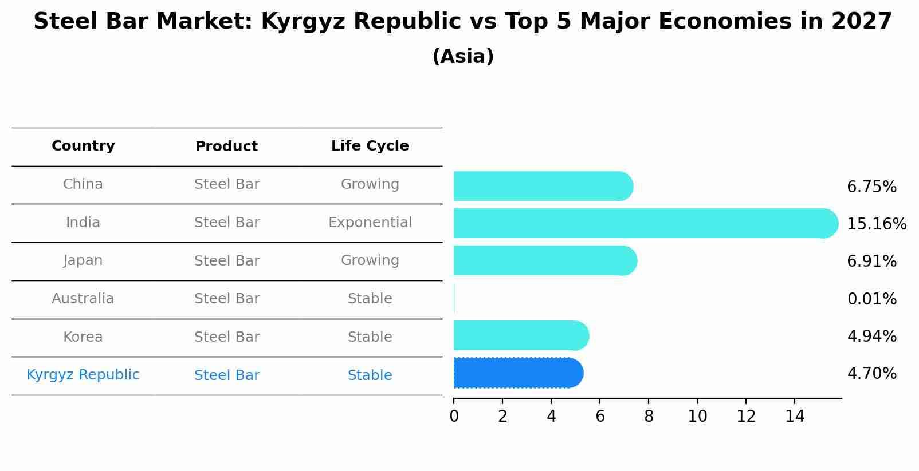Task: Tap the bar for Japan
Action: click(x=545, y=261)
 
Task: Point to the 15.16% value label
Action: click(x=877, y=224)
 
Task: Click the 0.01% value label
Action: click(x=871, y=299)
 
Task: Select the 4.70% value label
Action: click(x=871, y=374)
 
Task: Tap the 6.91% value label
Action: click(x=871, y=262)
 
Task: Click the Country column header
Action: click(x=83, y=146)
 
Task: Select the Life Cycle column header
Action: click(x=370, y=146)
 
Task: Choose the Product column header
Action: click(x=227, y=147)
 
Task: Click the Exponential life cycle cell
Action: click(x=370, y=223)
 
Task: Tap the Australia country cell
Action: click(x=83, y=299)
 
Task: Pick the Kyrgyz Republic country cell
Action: click(x=83, y=375)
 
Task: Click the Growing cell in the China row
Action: click(x=370, y=184)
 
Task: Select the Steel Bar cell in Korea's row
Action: click(x=227, y=337)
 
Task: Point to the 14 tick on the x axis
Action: click(x=795, y=417)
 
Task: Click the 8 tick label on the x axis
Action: click(x=649, y=417)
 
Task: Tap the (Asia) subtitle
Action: click(x=463, y=57)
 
